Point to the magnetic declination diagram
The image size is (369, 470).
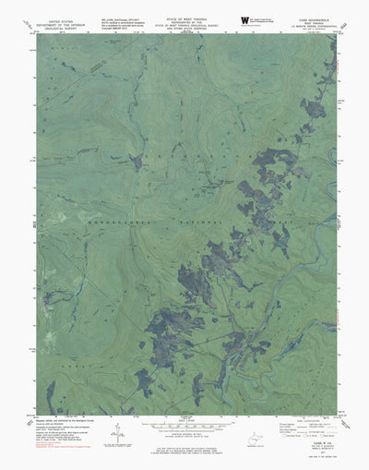click(118, 434)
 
